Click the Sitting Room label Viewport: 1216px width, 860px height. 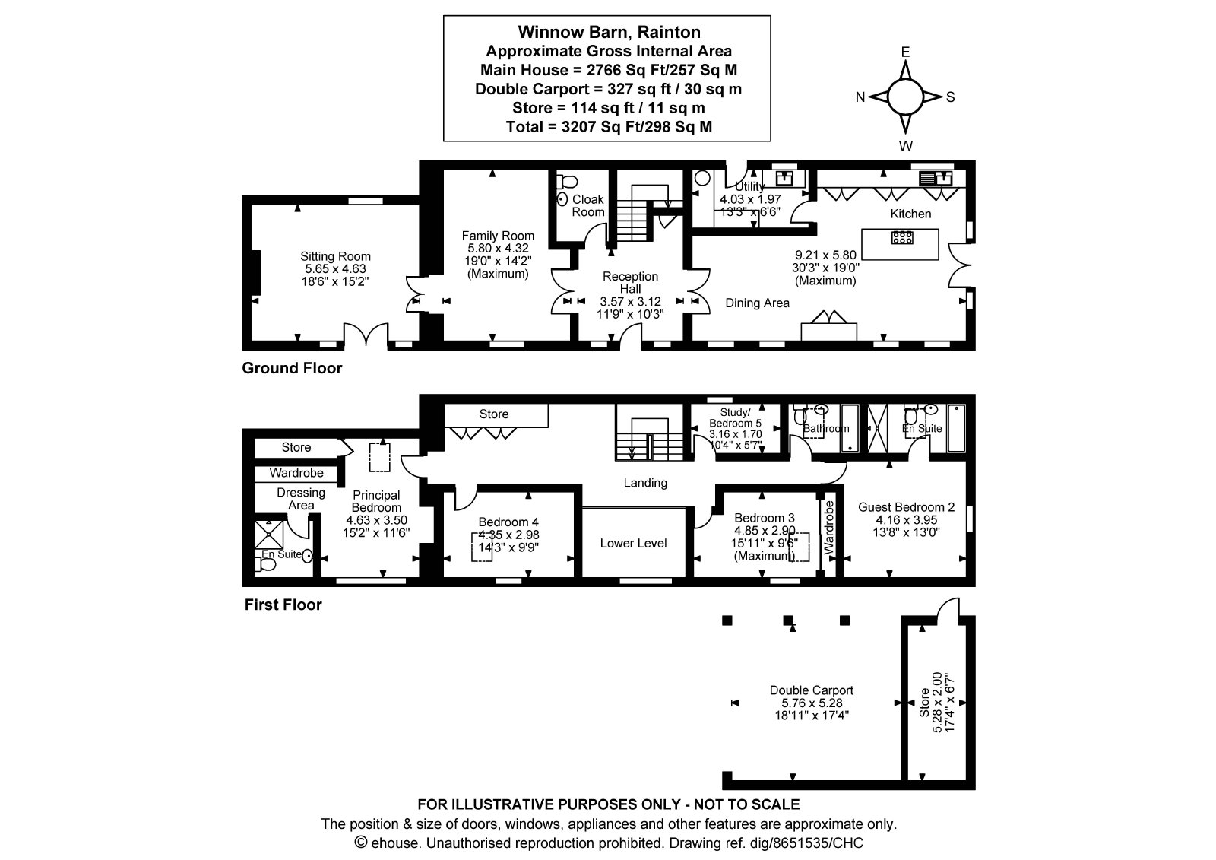[x=335, y=256]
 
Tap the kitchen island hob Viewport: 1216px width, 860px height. [x=902, y=237]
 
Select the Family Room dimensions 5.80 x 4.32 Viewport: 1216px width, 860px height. [x=498, y=249]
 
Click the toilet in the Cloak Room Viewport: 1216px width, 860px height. [x=567, y=180]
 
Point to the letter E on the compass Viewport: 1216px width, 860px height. [x=905, y=52]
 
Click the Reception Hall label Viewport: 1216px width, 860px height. [x=630, y=283]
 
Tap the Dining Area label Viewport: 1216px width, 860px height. [x=757, y=303]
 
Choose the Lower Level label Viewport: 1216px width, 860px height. [x=634, y=543]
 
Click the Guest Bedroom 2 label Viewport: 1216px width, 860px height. [x=906, y=507]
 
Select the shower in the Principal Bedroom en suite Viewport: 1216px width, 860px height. [x=269, y=534]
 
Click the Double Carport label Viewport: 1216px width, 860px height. [x=812, y=690]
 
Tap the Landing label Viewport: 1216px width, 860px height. [x=645, y=482]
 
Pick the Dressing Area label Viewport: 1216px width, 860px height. [x=301, y=499]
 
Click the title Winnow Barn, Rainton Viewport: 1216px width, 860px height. [x=609, y=32]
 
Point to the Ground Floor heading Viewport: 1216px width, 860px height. [x=292, y=368]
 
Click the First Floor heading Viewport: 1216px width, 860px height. [x=283, y=605]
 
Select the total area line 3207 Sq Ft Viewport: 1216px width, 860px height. [x=609, y=126]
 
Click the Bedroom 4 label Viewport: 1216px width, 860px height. [x=508, y=522]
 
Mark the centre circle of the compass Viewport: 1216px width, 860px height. [x=905, y=97]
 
